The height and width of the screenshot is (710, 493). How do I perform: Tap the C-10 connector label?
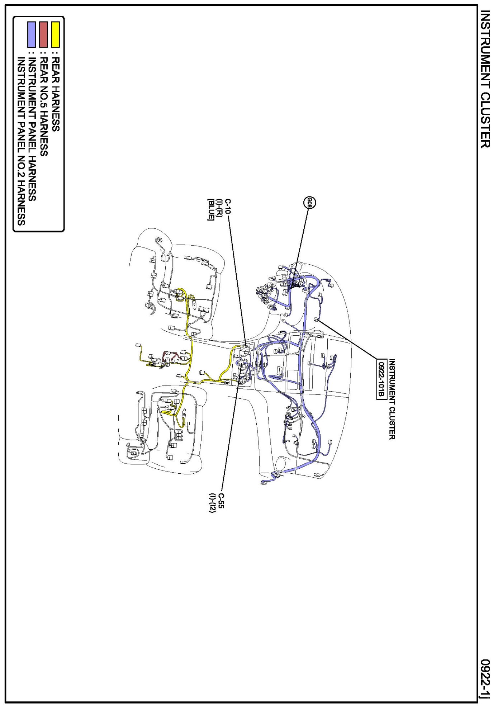(228, 207)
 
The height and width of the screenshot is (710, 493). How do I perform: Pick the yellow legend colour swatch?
(55, 34)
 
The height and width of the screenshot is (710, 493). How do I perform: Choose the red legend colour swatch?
(43, 34)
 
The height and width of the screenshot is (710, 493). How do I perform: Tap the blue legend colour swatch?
(32, 34)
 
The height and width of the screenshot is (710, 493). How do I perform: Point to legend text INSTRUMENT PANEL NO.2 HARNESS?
(21, 141)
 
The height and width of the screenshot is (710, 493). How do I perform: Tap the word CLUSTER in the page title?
(485, 120)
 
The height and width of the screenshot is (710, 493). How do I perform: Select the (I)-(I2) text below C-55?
(212, 503)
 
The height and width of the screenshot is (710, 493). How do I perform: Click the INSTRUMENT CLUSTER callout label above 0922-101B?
(392, 399)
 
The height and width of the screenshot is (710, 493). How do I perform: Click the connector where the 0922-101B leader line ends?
(316, 319)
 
